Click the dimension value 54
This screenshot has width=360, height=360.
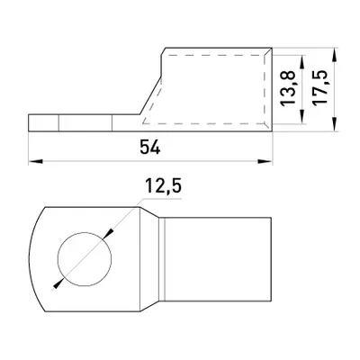pos(149,148)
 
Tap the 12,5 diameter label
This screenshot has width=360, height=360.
pos(163,186)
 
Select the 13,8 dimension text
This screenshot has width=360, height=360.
pos(287,88)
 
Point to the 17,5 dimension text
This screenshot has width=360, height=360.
pos(319,87)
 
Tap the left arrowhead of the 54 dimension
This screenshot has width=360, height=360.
pos(35,161)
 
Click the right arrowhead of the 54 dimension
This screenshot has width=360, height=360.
pos(265,161)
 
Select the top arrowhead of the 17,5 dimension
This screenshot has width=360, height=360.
pos(335,55)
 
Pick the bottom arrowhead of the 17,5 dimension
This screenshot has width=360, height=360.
pos(335,124)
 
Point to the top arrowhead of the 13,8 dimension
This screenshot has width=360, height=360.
pos(302,62)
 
